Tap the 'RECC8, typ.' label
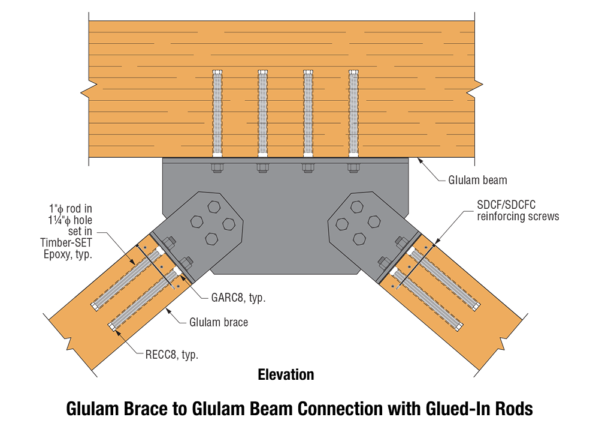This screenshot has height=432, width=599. (x=172, y=355)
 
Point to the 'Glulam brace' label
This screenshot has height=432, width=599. (x=218, y=322)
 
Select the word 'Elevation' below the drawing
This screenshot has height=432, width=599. (x=286, y=375)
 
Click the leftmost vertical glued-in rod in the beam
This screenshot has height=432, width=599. (x=217, y=114)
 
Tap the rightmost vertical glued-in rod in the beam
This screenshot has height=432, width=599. (x=353, y=114)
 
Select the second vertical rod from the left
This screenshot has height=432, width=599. (x=262, y=114)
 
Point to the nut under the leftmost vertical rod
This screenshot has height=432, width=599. (x=217, y=167)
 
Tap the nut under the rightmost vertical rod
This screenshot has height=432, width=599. (x=353, y=167)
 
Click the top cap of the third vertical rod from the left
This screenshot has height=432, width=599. (x=308, y=73)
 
